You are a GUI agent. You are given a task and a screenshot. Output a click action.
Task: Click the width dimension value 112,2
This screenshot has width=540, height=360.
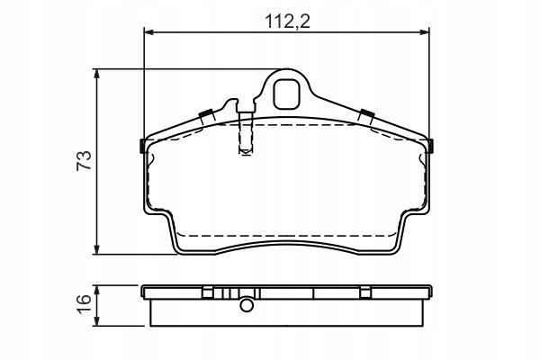[288, 19]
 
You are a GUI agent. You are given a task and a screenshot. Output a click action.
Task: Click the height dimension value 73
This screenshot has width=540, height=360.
[84, 162]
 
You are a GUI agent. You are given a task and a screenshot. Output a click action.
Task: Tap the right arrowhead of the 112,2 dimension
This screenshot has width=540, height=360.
[426, 33]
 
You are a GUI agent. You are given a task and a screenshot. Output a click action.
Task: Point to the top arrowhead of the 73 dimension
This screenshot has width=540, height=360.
[97, 75]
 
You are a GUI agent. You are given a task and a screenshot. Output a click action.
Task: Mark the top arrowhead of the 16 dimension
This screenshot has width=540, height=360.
[97, 289]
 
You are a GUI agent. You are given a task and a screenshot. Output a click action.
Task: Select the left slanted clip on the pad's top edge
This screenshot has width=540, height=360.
[206, 114]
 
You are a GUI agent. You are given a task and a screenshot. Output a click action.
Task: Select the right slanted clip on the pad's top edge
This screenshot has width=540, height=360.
[366, 114]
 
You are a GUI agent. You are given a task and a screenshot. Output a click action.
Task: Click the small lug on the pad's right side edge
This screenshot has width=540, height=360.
[432, 146]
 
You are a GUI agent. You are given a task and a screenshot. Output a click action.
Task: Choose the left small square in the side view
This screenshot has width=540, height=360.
[207, 291]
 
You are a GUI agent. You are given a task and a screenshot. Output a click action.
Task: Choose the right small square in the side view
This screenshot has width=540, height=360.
[366, 291]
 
